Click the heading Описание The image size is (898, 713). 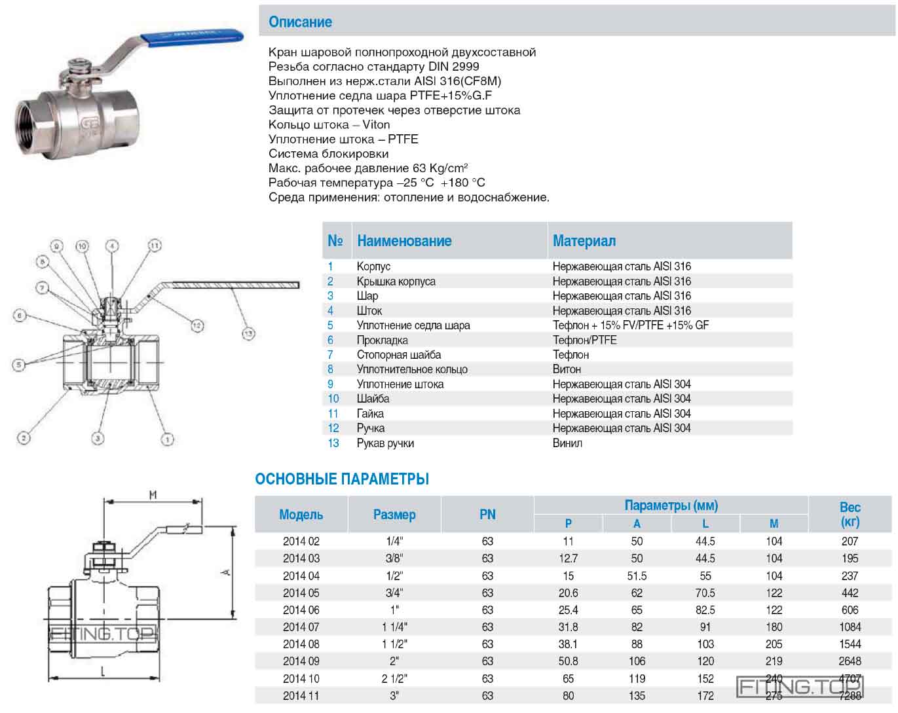pyautogui.click(x=300, y=22)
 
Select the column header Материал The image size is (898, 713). pyautogui.click(x=584, y=241)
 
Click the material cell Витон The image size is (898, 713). pyautogui.click(x=567, y=369)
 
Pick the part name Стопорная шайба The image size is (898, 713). pyautogui.click(x=398, y=355)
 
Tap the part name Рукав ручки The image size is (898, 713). pyautogui.click(x=385, y=443)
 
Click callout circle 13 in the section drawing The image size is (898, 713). pyautogui.click(x=248, y=334)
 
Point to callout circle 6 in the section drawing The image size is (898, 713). pyautogui.click(x=20, y=316)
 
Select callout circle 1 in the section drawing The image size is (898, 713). pyautogui.click(x=168, y=439)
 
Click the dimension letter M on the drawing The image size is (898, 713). pyautogui.click(x=153, y=495)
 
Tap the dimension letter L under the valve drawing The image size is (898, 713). pyautogui.click(x=103, y=671)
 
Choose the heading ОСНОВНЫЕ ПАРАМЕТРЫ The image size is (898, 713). pyautogui.click(x=342, y=479)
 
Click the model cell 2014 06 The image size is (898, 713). pyautogui.click(x=301, y=610)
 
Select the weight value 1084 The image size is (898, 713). pyautogui.click(x=850, y=627)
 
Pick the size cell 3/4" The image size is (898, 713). pyautogui.click(x=394, y=593)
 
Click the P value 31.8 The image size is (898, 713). pyautogui.click(x=568, y=627)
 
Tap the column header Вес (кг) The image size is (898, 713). pyautogui.click(x=850, y=515)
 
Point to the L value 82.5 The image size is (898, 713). pyautogui.click(x=705, y=610)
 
